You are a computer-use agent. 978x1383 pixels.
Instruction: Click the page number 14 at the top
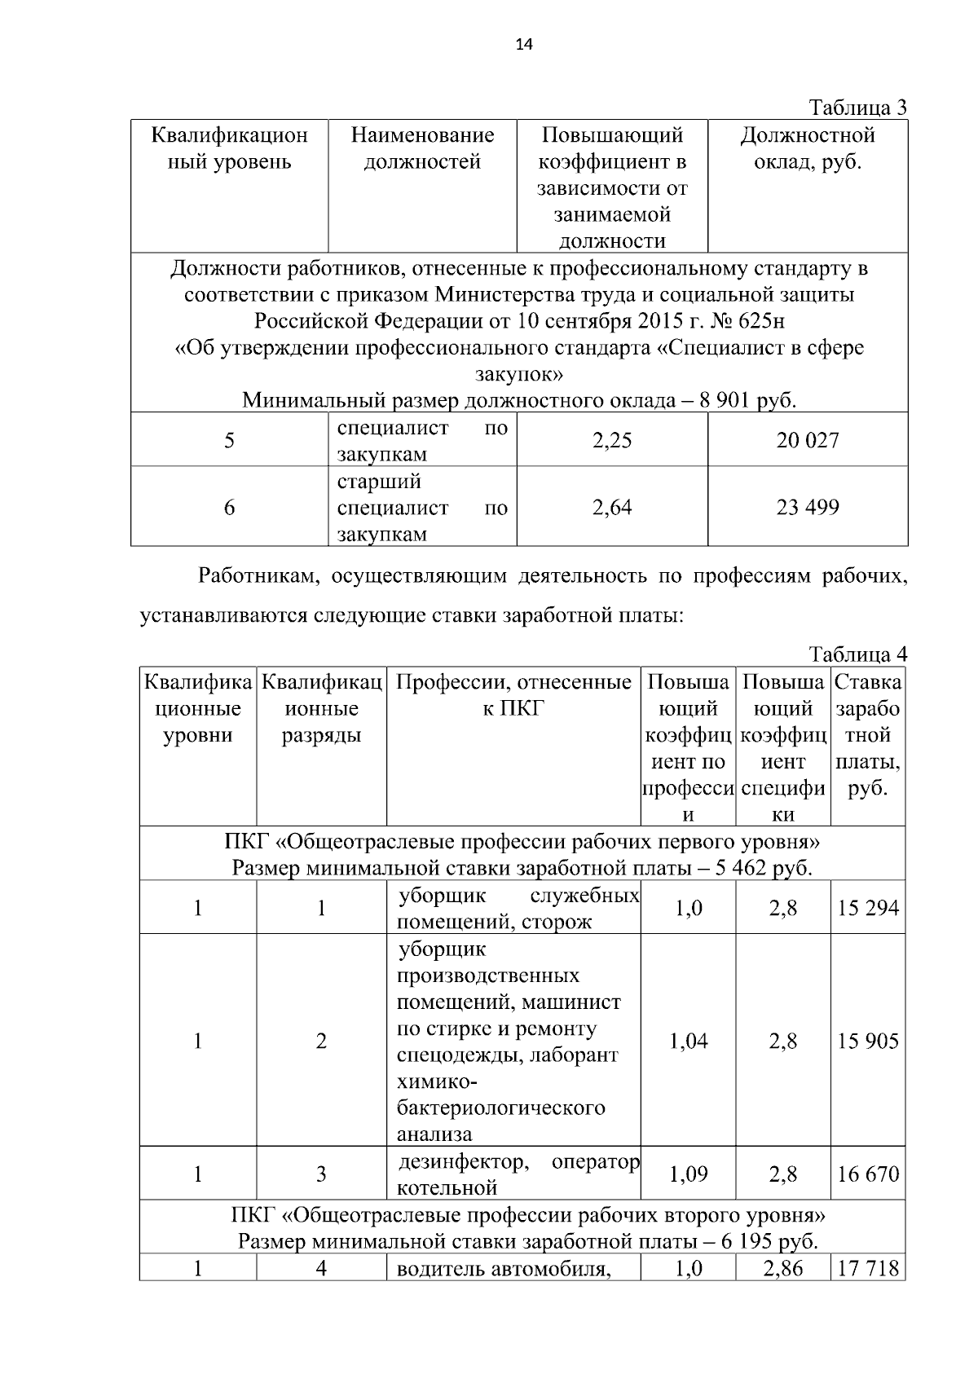[x=524, y=45]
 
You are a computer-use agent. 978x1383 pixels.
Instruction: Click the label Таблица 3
[x=857, y=108]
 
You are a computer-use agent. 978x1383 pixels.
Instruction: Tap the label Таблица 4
[x=857, y=654]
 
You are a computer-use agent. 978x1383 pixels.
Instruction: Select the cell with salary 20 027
[x=808, y=441]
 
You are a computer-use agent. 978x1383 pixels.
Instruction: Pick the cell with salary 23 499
[x=808, y=508]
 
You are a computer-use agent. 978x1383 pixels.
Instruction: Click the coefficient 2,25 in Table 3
[x=612, y=441]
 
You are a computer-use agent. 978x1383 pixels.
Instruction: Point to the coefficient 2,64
[x=612, y=508]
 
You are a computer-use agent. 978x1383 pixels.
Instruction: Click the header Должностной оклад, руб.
[x=808, y=148]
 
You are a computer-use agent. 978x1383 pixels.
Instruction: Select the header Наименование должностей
[x=422, y=148]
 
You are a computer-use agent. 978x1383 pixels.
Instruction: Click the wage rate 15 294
[x=868, y=908]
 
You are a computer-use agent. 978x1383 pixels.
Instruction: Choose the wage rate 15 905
[x=868, y=1042]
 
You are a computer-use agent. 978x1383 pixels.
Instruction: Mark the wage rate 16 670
[x=868, y=1174]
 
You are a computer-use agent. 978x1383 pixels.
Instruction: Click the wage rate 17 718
[x=868, y=1269]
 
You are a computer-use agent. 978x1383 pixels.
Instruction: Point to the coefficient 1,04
[x=689, y=1042]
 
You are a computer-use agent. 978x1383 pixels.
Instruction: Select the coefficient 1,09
[x=689, y=1174]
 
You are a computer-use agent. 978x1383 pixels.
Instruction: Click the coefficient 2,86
[x=782, y=1269]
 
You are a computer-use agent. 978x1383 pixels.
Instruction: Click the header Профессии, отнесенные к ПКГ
[x=513, y=695]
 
